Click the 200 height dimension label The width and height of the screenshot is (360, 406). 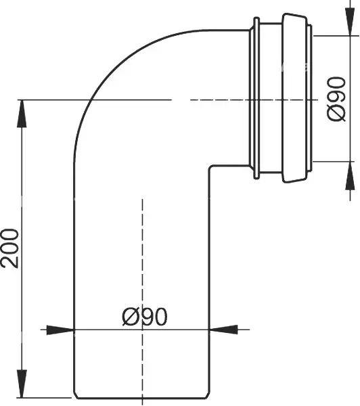tap(10, 248)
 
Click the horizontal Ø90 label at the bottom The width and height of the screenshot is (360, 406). tap(145, 317)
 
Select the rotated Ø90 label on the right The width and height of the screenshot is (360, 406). tap(336, 99)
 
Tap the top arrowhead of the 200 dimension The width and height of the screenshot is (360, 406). tap(22, 114)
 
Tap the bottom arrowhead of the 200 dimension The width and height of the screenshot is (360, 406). tap(22, 384)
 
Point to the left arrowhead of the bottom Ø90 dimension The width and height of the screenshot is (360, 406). tap(60, 330)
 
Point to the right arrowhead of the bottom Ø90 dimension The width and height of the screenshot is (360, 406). tap(223, 330)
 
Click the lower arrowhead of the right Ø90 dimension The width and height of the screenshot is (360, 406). tap(350, 175)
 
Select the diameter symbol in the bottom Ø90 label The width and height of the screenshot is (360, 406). tap(130, 317)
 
